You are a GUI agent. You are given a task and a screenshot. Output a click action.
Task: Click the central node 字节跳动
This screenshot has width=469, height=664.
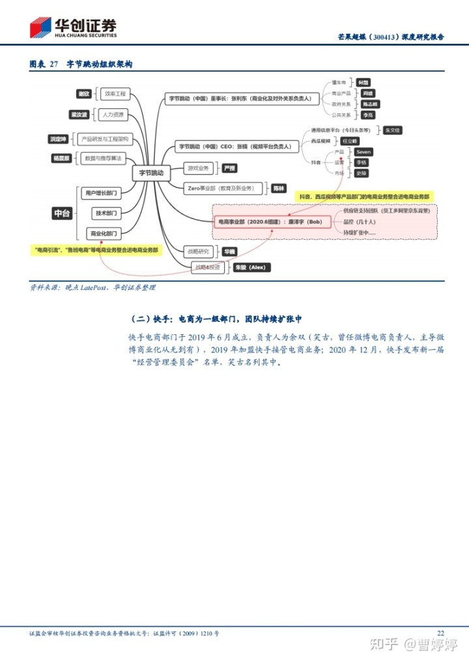click(152, 173)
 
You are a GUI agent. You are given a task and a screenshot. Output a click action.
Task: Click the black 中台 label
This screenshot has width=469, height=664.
click(61, 213)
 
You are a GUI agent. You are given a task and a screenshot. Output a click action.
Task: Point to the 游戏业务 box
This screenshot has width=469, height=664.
click(199, 168)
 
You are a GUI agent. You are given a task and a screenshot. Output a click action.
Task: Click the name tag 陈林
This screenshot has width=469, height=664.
click(279, 188)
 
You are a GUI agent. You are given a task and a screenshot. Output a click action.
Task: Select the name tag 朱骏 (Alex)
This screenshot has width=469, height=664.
click(251, 267)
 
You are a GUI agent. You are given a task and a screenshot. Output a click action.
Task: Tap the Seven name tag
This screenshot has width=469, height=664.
click(363, 152)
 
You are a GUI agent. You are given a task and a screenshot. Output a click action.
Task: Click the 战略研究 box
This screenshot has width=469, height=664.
click(199, 251)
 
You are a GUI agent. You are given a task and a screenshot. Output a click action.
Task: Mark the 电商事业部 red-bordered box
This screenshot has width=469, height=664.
click(269, 222)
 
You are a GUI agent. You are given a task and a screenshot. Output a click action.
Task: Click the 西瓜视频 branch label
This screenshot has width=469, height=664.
click(321, 141)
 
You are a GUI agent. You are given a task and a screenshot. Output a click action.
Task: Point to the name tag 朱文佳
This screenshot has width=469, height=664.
click(393, 130)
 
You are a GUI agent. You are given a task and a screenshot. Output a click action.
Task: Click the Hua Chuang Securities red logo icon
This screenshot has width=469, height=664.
click(40, 27)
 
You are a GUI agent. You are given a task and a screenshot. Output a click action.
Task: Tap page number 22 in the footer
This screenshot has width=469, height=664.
click(440, 633)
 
